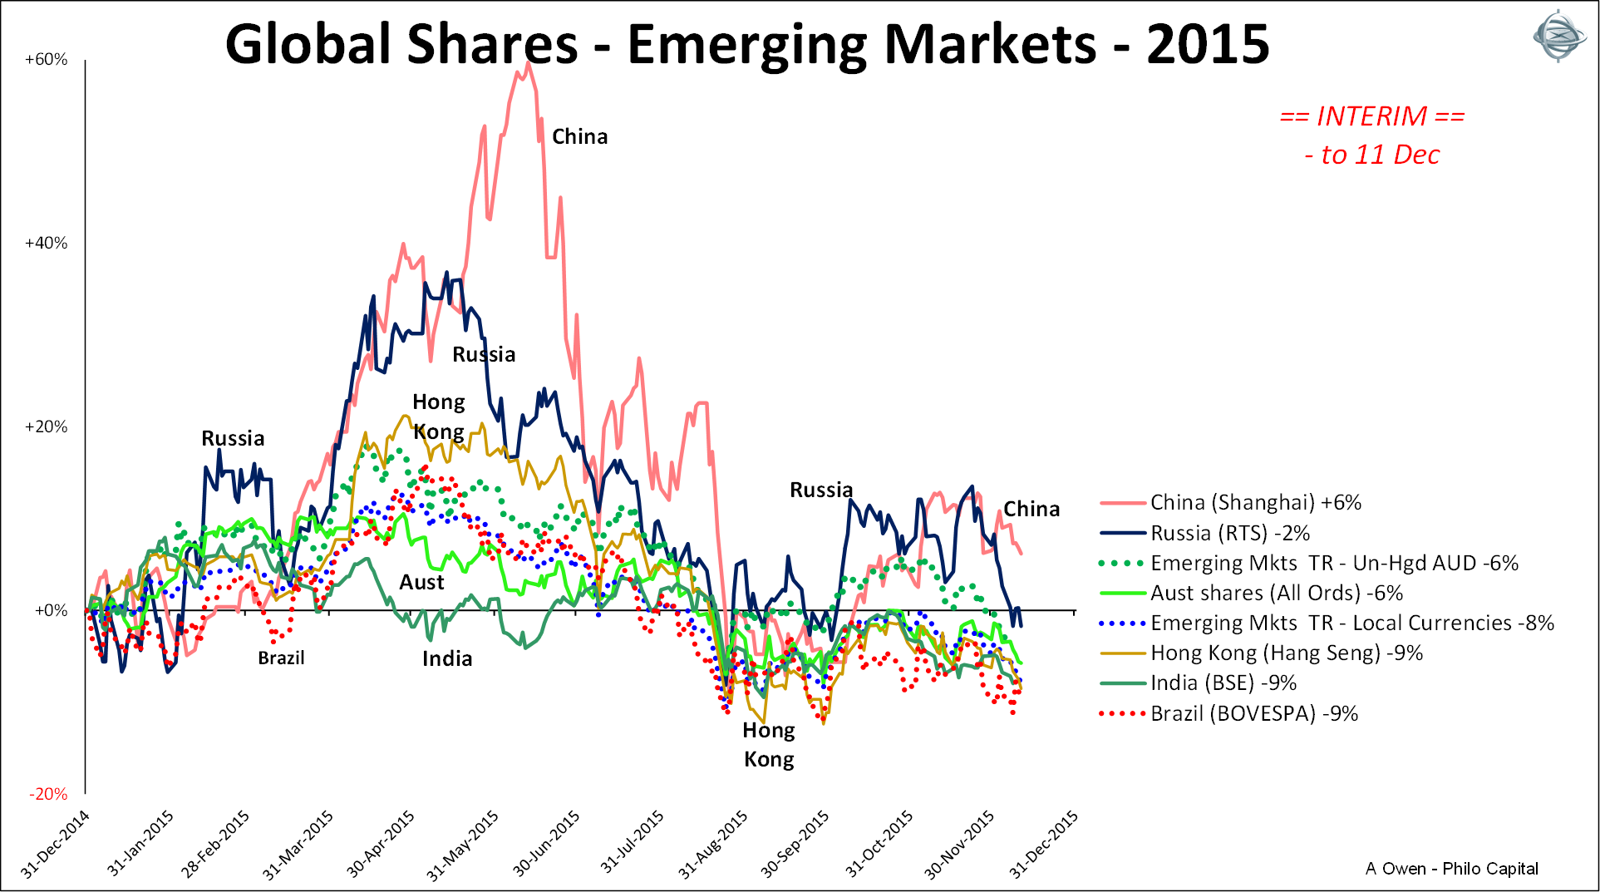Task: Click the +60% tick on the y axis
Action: (47, 60)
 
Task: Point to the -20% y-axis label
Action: (48, 794)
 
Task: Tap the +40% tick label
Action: (47, 244)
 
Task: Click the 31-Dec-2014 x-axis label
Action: (56, 843)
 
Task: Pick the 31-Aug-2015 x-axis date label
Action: (714, 843)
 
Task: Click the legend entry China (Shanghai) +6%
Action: (1255, 503)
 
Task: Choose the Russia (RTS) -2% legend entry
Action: (1229, 533)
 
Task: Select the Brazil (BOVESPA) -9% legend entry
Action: (1253, 713)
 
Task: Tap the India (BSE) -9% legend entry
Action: (1223, 683)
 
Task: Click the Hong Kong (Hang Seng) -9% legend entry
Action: (1286, 653)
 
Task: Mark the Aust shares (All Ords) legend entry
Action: (1276, 594)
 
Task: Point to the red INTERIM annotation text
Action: (1372, 116)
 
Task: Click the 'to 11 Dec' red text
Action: (1372, 155)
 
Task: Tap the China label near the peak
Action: (580, 137)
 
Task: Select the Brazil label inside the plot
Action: (281, 658)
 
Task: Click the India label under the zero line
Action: (447, 659)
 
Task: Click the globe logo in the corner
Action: (1560, 36)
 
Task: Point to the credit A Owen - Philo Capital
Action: (1451, 869)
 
